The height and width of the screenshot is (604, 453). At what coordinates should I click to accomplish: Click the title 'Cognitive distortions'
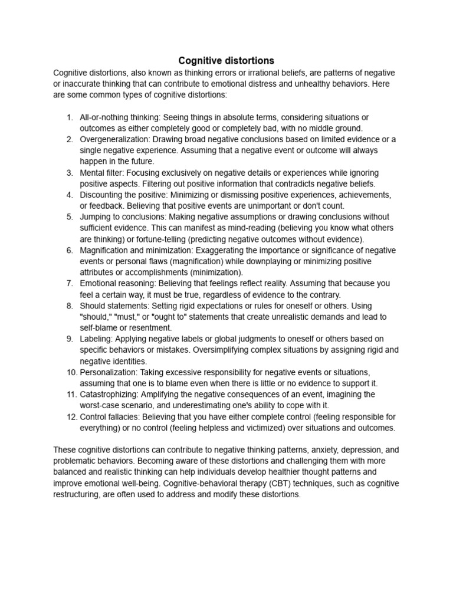(226, 61)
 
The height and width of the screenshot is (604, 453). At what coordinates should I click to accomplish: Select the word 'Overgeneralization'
(115, 139)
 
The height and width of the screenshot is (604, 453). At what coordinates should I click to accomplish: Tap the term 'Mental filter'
(103, 173)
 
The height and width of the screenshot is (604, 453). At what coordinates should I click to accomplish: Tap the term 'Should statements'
(114, 306)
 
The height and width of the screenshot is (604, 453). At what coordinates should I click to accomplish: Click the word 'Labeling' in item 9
(96, 339)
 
